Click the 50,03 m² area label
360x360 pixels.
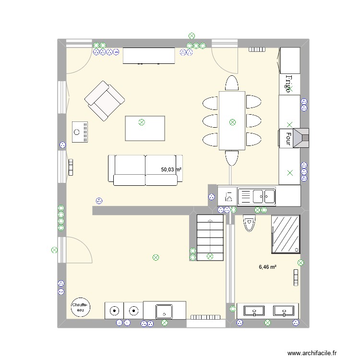point(171,169)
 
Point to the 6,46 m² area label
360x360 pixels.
point(267,267)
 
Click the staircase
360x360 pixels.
point(210,237)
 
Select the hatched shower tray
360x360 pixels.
point(287,234)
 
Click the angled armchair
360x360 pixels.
point(104,100)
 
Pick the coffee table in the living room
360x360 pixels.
point(144,128)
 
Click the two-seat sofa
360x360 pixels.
point(145,170)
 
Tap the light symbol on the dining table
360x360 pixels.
point(232,122)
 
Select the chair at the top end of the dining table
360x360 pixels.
point(232,83)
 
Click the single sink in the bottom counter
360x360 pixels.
point(164,311)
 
